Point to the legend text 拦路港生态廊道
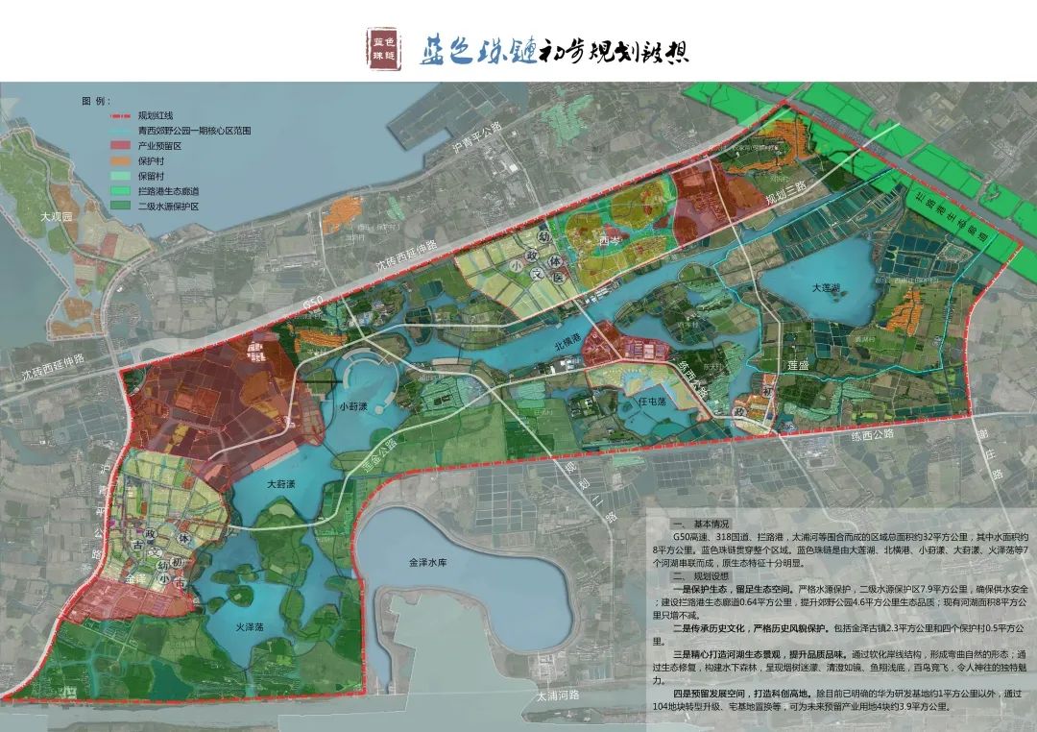168,190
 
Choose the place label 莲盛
801,367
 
